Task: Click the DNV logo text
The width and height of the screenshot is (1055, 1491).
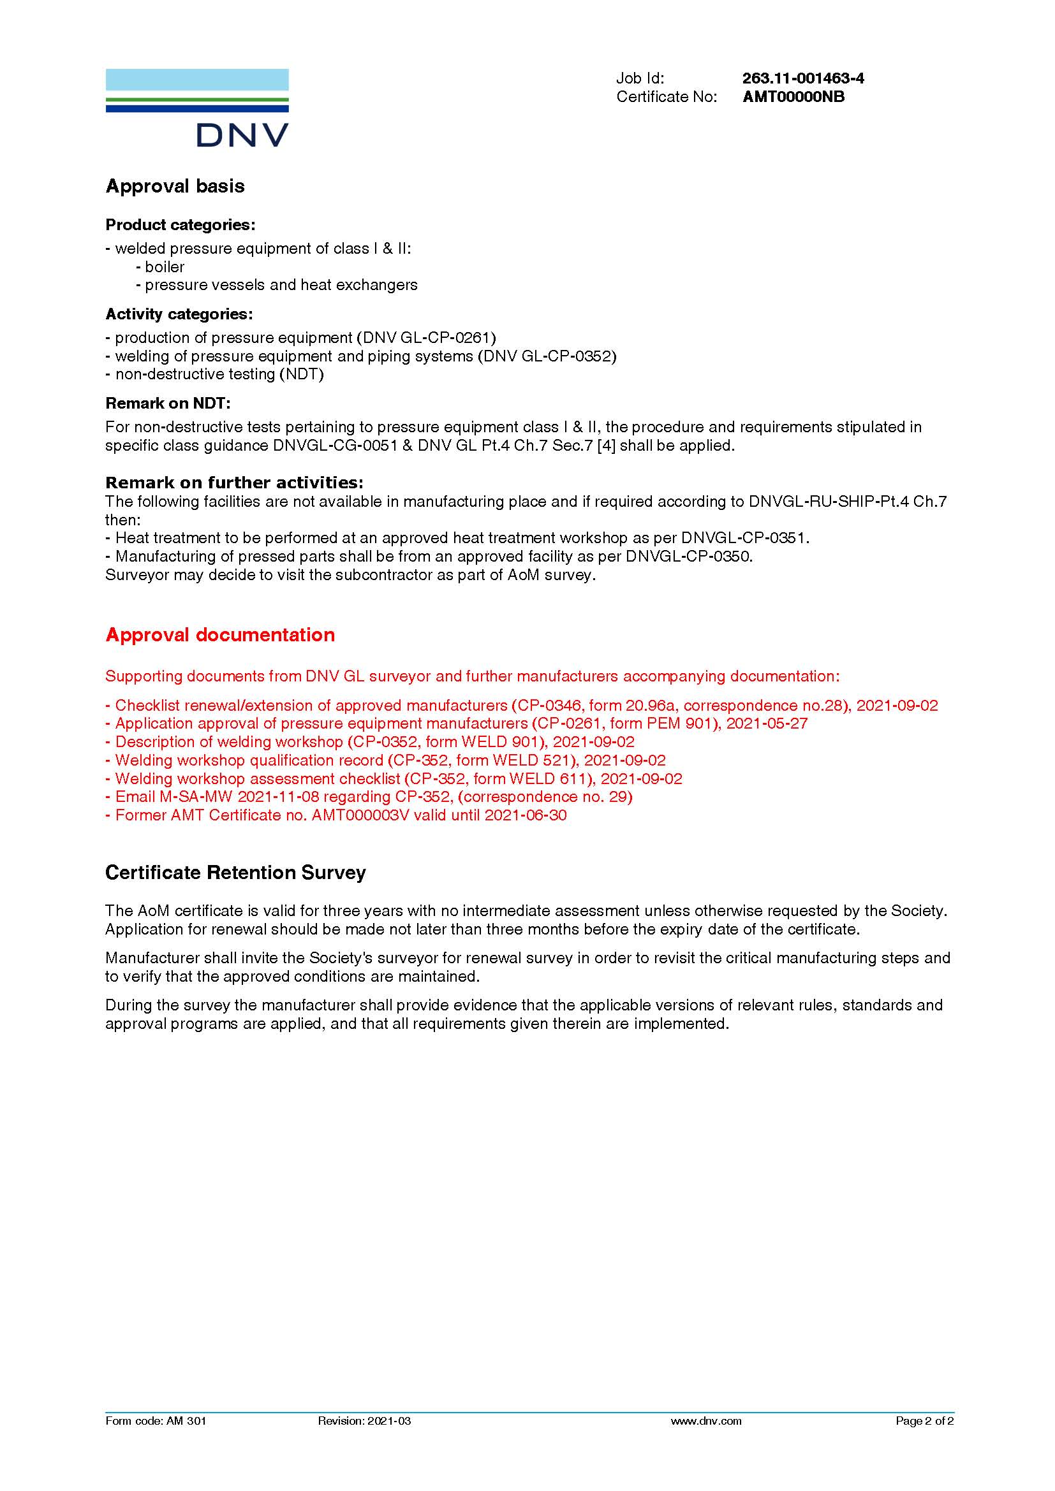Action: click(x=242, y=135)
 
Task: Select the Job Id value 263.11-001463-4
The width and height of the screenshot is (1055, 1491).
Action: click(x=803, y=78)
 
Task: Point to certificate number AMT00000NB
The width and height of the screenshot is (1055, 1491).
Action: click(x=793, y=97)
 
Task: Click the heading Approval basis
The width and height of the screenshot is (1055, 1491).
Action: click(x=175, y=186)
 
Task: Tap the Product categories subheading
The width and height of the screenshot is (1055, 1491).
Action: click(x=180, y=224)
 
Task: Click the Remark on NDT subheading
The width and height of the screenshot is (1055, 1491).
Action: click(x=168, y=404)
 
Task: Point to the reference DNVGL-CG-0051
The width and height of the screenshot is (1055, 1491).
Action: click(x=336, y=446)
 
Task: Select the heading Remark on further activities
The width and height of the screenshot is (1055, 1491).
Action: click(x=234, y=483)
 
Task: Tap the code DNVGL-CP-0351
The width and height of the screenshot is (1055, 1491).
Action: click(x=743, y=538)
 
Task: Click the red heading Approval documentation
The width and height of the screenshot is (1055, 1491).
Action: click(x=220, y=634)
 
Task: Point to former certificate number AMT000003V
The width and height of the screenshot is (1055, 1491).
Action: click(x=360, y=815)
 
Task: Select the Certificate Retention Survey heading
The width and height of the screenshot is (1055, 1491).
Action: click(x=235, y=872)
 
